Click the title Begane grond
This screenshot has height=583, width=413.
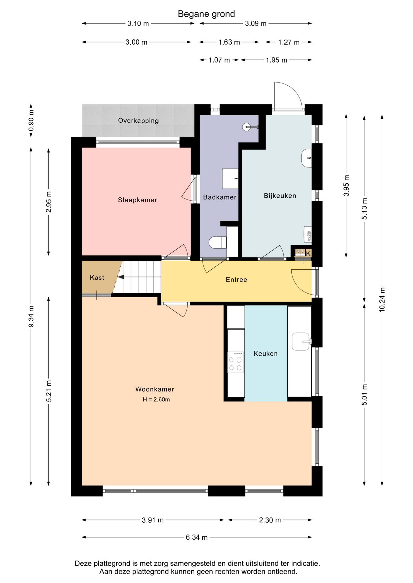click(206, 14)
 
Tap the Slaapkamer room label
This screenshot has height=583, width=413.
click(137, 200)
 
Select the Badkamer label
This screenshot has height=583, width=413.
click(220, 197)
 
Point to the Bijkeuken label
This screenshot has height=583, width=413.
click(280, 196)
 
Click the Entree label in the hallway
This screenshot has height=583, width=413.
click(236, 280)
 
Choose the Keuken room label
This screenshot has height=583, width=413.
click(265, 353)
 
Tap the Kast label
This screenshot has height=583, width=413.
click(97, 278)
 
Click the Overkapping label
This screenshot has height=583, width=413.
click(138, 121)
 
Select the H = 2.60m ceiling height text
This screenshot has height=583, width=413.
click(156, 400)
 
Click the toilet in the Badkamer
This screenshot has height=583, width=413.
click(218, 242)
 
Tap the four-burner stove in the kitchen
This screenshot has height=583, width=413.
click(235, 362)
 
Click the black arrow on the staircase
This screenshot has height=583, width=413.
click(121, 277)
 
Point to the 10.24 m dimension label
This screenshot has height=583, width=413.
click(382, 299)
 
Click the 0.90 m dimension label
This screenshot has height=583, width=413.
click(31, 121)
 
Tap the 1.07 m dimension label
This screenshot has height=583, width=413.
click(219, 60)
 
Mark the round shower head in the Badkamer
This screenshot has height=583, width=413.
click(247, 127)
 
